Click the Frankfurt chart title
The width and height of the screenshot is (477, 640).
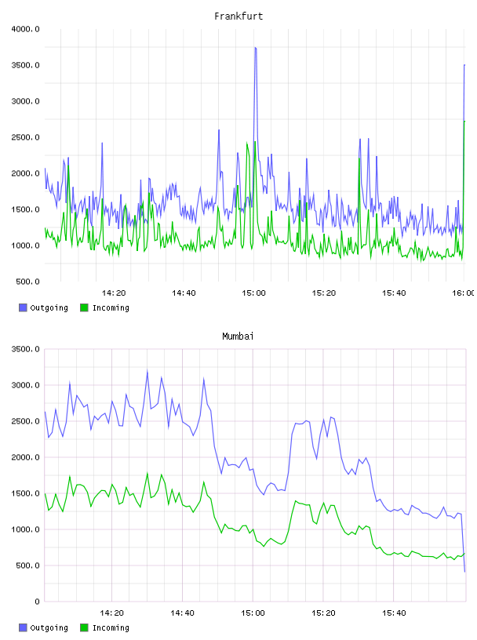[x=238, y=16]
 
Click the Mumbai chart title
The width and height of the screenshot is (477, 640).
[x=238, y=336]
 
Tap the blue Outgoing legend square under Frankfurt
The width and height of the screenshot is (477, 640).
[x=23, y=307]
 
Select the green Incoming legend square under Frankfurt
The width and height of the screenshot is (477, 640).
[x=84, y=307]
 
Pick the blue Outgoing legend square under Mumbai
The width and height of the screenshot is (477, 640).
[x=23, y=627]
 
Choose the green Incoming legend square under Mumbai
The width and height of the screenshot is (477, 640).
[x=84, y=627]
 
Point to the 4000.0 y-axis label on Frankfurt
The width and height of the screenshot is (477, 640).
[x=25, y=29]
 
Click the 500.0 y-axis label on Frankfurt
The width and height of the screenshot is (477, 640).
[x=27, y=282]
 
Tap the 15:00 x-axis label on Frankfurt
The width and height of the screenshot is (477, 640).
[x=253, y=293]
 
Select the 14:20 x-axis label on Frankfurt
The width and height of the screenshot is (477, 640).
[x=114, y=293]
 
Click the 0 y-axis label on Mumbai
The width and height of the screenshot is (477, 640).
[x=37, y=602]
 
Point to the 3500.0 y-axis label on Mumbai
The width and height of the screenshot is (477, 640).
[x=25, y=349]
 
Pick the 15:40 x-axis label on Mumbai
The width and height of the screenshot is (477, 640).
[x=394, y=613]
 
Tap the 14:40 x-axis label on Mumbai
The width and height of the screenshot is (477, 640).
[x=182, y=613]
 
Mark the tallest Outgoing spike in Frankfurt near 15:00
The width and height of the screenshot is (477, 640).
[x=255, y=48]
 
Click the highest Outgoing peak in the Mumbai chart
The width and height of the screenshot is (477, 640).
[x=147, y=371]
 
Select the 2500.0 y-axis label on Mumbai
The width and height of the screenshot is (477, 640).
[x=25, y=421]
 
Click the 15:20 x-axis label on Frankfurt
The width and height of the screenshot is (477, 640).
[x=324, y=293]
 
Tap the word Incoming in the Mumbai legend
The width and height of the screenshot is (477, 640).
[x=111, y=627]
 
